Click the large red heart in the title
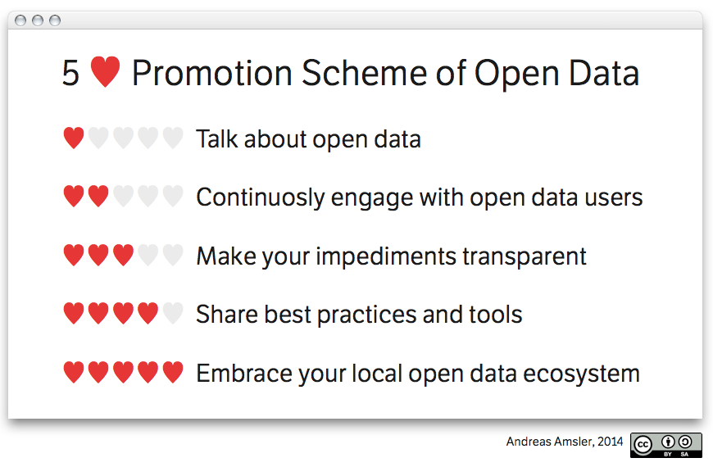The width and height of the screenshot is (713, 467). click(105, 71)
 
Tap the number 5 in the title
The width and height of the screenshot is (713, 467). click(71, 73)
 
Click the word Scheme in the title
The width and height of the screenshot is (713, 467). click(364, 73)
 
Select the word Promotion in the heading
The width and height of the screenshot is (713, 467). click(212, 73)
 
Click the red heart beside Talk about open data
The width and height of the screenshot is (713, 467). click(74, 138)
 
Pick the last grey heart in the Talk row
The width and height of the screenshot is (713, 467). click(173, 138)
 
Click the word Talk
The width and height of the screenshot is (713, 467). click(217, 138)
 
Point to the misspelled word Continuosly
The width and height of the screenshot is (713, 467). click(259, 197)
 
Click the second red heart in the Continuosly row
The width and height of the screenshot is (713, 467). click(98, 196)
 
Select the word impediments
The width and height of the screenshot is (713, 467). click(386, 256)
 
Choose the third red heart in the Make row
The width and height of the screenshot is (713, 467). click(123, 255)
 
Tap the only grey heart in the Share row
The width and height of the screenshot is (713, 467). click(173, 313)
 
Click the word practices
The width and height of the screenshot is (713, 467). click(366, 315)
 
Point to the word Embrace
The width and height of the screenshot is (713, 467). click(243, 374)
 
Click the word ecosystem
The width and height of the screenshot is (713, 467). click(582, 374)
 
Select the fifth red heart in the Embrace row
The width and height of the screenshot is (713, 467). click(173, 372)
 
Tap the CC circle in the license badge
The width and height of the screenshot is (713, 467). click(643, 445)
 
